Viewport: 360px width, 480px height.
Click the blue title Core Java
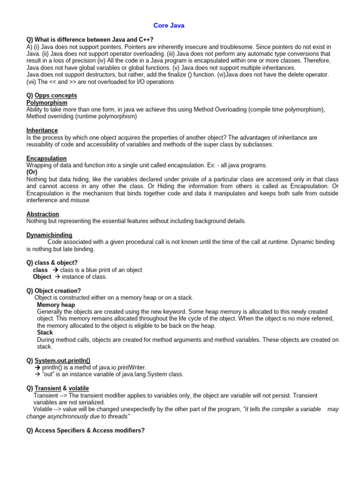pos(169,26)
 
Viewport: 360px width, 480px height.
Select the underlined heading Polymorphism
pos(47,103)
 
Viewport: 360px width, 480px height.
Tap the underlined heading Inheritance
pos(42,130)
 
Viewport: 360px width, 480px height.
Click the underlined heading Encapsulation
pos(46,158)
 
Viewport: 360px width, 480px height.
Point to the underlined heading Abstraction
pos(43,214)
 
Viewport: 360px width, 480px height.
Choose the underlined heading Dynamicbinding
pos(49,235)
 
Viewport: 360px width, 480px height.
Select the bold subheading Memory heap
pos(56,305)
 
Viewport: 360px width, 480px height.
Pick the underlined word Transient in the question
pos(48,389)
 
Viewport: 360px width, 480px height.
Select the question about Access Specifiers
pos(86,430)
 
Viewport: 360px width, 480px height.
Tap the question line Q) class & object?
pos(52,263)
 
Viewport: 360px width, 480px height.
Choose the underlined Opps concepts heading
pos(56,96)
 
